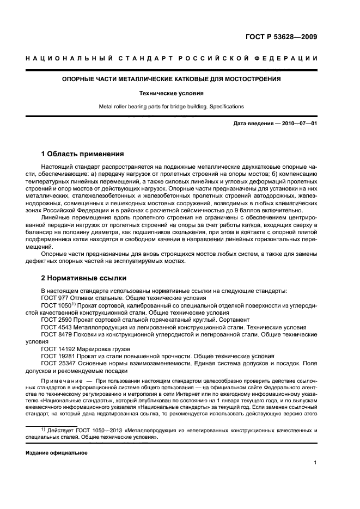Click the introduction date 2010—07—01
coord(298,124)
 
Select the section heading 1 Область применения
coord(82,154)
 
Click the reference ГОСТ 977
coord(54,298)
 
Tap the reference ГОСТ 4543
coord(56,327)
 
